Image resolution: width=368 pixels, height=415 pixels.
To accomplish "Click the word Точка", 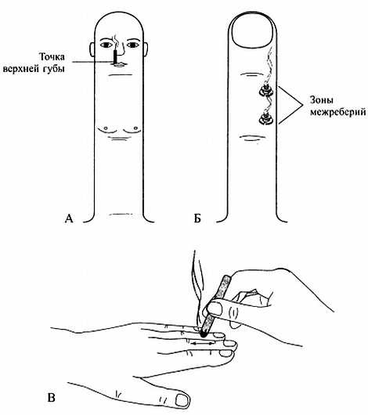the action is [52, 57].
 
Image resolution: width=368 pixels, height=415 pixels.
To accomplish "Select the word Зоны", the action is [322, 100].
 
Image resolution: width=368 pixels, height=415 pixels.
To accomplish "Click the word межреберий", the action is [338, 112].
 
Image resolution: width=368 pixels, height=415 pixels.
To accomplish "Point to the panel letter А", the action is [69, 218].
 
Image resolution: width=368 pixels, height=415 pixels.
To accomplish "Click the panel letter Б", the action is [197, 218].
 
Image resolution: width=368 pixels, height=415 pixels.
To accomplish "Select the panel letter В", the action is [52, 398].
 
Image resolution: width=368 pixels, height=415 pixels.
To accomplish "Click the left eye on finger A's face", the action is [106, 45].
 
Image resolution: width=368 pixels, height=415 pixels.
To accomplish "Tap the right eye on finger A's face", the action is [132, 45].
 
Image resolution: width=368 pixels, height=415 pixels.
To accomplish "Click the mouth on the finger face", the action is [120, 64].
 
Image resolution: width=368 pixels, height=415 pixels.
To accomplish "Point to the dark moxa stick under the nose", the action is [115, 56].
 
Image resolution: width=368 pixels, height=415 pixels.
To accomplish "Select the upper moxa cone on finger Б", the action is [265, 91].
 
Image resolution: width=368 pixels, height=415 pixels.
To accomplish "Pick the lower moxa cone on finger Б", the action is [265, 118].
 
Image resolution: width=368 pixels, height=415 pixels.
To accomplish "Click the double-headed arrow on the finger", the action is [203, 343].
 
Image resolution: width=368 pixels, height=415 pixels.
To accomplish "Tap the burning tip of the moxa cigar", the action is [204, 334].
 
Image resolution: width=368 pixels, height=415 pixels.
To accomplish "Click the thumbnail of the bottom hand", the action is [182, 400].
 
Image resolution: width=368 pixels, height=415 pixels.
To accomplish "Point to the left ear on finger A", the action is [92, 49].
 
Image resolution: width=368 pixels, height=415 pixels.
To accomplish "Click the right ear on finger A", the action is [146, 49].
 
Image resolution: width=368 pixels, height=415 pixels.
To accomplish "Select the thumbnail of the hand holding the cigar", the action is [215, 309].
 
